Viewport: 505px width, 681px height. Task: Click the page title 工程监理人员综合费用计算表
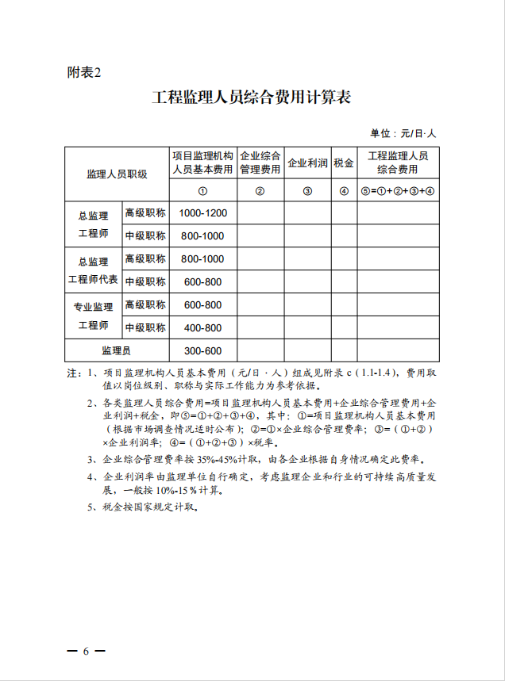point(252,98)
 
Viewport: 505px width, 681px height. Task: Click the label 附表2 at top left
point(85,73)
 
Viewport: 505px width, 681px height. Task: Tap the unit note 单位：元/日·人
point(403,133)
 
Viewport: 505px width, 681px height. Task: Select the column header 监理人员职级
point(117,174)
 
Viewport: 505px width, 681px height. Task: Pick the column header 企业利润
point(307,163)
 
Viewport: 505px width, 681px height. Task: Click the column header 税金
point(344,163)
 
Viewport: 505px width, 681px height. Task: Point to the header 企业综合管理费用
point(260,163)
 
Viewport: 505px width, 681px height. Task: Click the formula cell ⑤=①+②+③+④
point(397,190)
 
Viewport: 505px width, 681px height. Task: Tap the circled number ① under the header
point(202,191)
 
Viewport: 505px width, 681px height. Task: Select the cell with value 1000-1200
point(202,213)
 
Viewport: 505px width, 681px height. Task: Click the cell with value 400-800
point(202,328)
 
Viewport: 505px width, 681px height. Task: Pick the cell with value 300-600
point(202,351)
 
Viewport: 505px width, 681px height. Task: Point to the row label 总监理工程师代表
point(93,270)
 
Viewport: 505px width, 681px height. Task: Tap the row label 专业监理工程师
point(93,316)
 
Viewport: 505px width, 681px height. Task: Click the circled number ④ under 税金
point(344,191)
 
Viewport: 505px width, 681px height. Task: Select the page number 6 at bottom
point(86,651)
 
